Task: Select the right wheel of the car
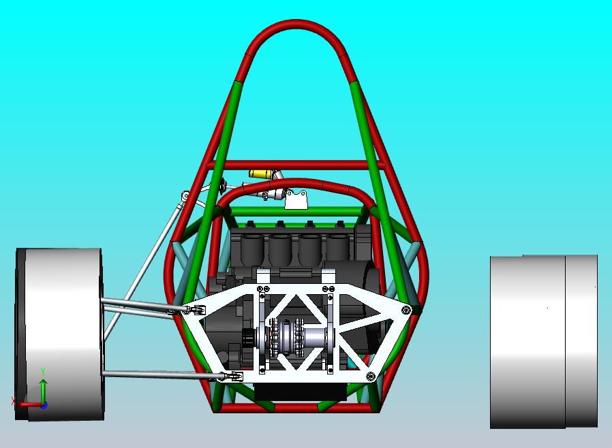(543, 341)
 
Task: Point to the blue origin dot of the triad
(44, 404)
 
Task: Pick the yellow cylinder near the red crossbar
(260, 174)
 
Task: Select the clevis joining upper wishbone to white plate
(194, 310)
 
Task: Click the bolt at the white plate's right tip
(406, 310)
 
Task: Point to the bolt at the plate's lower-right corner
(370, 376)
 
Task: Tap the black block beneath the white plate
(300, 392)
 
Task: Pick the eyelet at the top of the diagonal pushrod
(184, 196)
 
